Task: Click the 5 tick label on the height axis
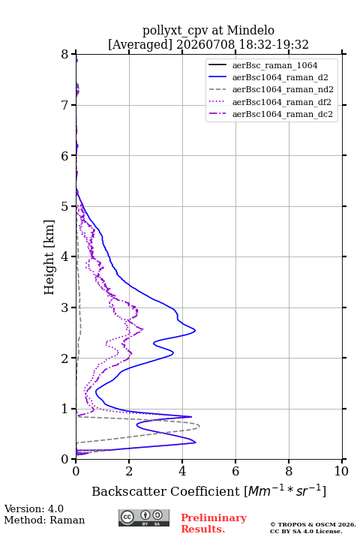tap(64, 206)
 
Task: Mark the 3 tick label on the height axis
tap(64, 307)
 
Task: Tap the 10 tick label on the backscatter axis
tap(341, 471)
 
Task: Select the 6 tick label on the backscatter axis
tap(235, 471)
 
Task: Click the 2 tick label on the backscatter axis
tap(129, 471)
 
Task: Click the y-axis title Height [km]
tap(49, 257)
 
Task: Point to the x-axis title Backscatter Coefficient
tap(166, 491)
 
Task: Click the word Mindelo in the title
tap(250, 30)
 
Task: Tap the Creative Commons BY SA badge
tap(144, 517)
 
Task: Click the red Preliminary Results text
tap(214, 523)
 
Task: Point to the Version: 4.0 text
tap(34, 508)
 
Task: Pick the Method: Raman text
tap(44, 520)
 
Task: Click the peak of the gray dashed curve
tap(199, 426)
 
